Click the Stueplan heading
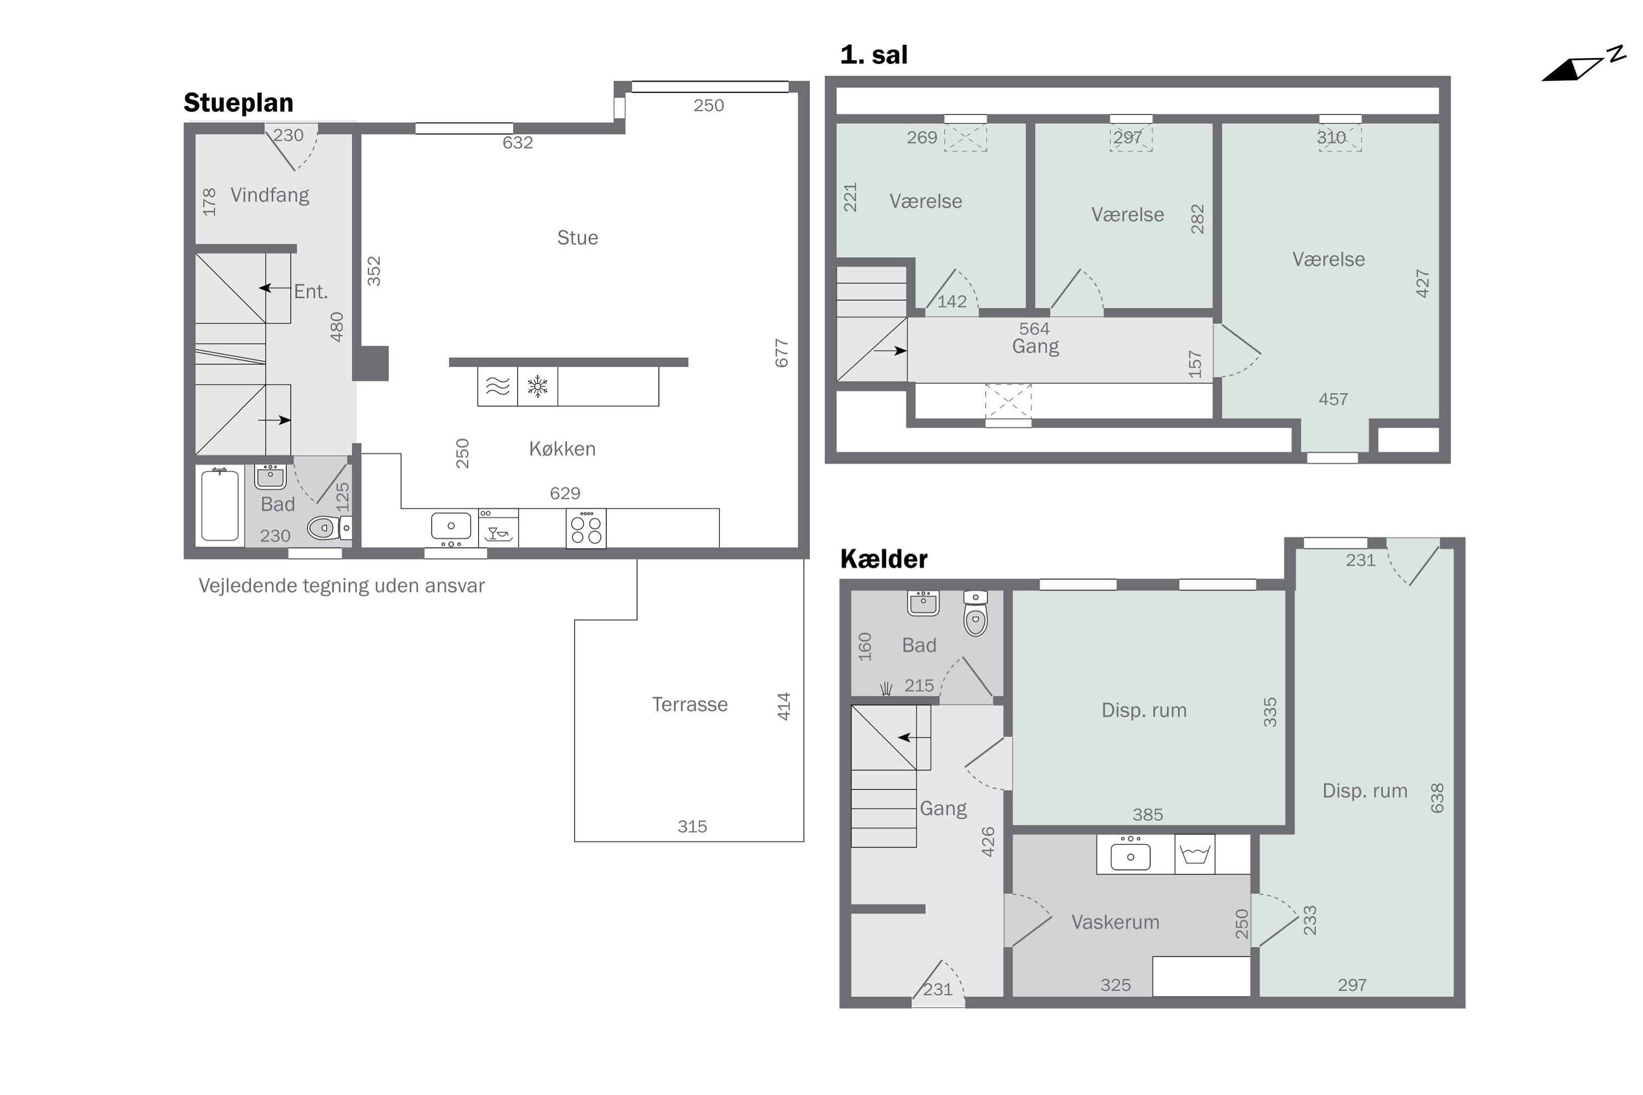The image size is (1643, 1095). tap(238, 103)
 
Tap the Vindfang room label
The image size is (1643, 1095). tap(269, 195)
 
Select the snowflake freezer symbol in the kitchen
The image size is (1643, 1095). tap(537, 386)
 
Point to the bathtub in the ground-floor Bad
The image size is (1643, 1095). tap(220, 505)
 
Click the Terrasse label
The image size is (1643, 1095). tap(690, 704)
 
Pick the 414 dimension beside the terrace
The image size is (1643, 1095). tap(784, 706)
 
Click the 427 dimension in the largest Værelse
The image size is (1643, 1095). tap(1422, 284)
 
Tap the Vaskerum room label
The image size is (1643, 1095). tap(1115, 922)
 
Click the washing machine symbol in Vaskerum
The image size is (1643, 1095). tap(1194, 854)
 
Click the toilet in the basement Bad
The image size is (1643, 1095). tap(975, 613)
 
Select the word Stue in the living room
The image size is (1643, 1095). tap(577, 238)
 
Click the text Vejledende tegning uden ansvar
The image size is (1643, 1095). tap(342, 585)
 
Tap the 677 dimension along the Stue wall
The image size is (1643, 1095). tap(781, 353)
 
